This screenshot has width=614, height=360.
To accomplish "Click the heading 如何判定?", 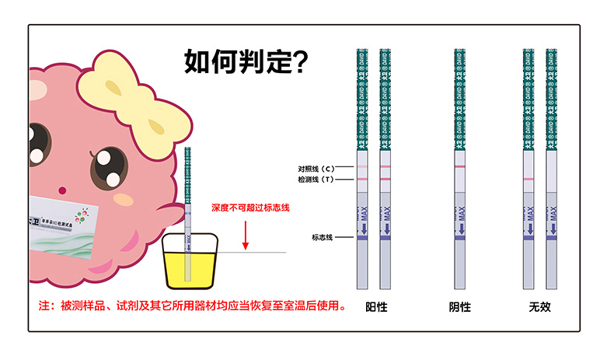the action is point(246,61).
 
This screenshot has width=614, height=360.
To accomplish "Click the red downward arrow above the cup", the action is point(245,234).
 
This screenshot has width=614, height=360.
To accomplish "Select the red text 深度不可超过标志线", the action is point(250,208).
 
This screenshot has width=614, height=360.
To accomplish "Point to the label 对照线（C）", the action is point(316,169).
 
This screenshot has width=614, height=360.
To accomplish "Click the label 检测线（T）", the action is point(316,180).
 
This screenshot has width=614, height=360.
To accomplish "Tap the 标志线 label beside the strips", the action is point(322,237).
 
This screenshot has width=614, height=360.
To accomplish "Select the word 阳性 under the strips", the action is point(376,307).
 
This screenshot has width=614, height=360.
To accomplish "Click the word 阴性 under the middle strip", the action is point(460,307).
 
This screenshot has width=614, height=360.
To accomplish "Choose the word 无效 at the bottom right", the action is point(539,307).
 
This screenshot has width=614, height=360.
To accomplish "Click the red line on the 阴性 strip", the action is point(459,167).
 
